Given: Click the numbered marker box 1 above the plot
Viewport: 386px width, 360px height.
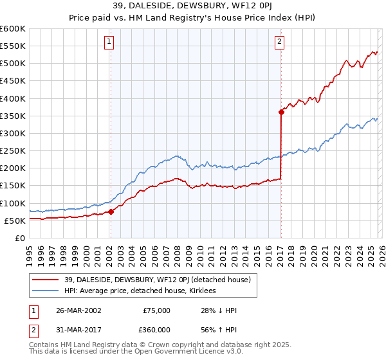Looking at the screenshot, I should [109, 42].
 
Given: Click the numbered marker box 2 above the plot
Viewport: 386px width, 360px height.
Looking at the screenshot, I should [280, 42].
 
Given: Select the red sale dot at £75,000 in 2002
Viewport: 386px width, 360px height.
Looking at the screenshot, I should [111, 212].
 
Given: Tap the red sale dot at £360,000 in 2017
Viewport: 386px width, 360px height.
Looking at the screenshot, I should [281, 112].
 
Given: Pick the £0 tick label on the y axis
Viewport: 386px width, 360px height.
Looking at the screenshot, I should [19, 238].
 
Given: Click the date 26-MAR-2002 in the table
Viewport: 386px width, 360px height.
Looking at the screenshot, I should [76, 310].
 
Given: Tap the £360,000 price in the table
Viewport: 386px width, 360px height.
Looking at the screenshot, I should [156, 329].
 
